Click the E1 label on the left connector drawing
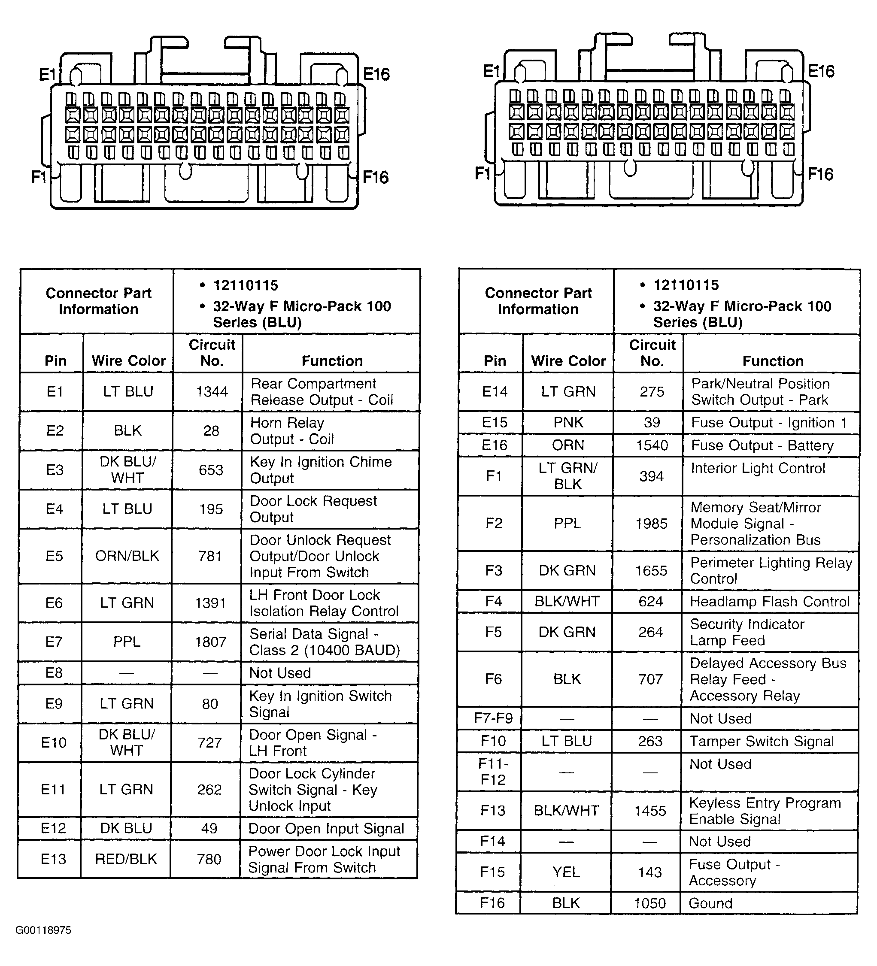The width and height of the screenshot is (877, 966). click(48, 75)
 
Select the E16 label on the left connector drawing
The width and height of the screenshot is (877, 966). click(376, 74)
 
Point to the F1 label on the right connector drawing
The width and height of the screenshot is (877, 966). click(483, 173)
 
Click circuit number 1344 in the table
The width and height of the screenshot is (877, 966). click(212, 392)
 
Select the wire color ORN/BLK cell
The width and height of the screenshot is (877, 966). click(127, 556)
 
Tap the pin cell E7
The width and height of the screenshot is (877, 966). click(54, 642)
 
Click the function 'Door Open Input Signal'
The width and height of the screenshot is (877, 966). click(326, 829)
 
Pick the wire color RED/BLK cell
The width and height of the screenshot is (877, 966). click(126, 859)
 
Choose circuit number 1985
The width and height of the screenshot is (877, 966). click(651, 523)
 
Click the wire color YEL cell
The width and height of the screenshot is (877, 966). click(566, 872)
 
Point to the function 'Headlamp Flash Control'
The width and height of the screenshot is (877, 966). click(769, 601)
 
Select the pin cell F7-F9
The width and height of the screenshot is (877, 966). click(493, 718)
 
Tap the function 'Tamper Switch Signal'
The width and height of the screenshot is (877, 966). click(762, 741)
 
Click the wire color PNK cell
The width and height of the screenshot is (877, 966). click(568, 422)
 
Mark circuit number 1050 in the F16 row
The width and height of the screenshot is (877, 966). click(650, 903)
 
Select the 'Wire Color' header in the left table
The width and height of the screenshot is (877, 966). click(128, 360)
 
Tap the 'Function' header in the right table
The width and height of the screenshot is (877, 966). click(773, 361)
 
